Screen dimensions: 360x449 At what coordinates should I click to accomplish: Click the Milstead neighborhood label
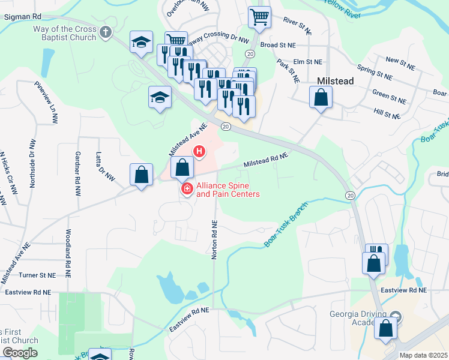pos(335,81)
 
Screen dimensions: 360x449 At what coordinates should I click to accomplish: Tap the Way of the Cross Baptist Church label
pos(65,33)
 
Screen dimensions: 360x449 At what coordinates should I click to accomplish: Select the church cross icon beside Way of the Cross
pos(106,32)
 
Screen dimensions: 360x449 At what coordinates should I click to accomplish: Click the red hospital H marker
pos(197,152)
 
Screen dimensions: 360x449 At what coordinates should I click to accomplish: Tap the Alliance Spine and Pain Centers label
pos(228,190)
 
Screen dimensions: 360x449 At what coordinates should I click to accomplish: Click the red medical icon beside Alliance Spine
pos(187,190)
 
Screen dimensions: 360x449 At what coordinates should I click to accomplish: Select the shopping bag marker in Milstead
pos(321,97)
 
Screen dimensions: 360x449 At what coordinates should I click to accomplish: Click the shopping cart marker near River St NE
pos(259,18)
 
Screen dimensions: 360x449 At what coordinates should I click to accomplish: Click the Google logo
pos(20,353)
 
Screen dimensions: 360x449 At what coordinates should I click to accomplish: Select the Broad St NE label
pos(279,45)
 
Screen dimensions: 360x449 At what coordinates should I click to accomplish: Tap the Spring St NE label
pos(374,74)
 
